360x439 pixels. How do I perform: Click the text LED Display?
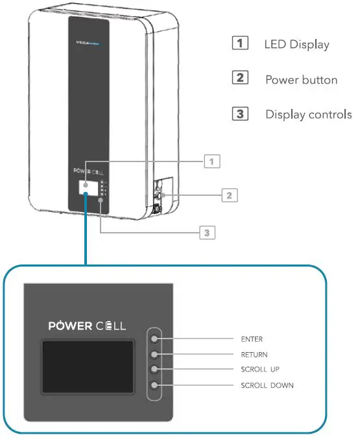(x=297, y=45)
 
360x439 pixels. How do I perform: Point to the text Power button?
(x=301, y=80)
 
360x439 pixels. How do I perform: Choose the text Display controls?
(x=308, y=115)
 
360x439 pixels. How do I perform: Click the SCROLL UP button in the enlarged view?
(x=154, y=370)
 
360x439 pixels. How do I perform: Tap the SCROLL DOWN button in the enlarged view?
(x=154, y=385)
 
